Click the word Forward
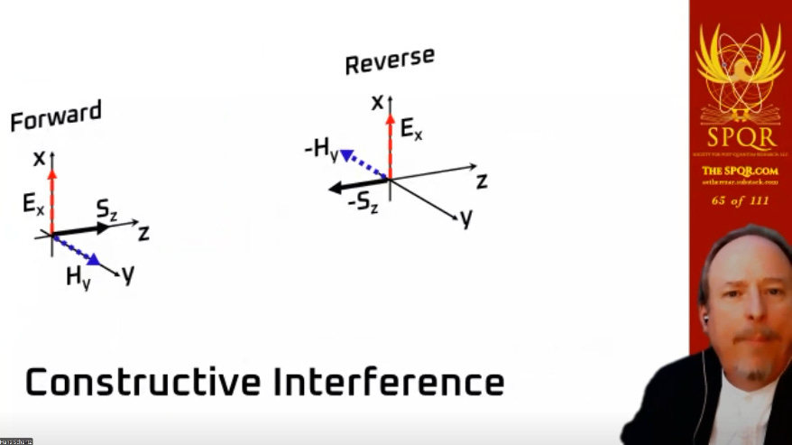point(56,117)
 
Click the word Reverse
point(389,61)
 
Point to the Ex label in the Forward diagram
point(34,204)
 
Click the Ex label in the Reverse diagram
point(411,132)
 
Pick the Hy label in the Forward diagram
point(78,278)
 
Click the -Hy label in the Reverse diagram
point(321,150)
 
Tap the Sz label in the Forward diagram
point(107,212)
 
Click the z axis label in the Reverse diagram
point(482,181)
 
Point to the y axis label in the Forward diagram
point(128,274)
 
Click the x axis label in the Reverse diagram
point(377,102)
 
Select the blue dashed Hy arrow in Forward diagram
point(76,250)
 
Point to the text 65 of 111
point(740,200)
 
